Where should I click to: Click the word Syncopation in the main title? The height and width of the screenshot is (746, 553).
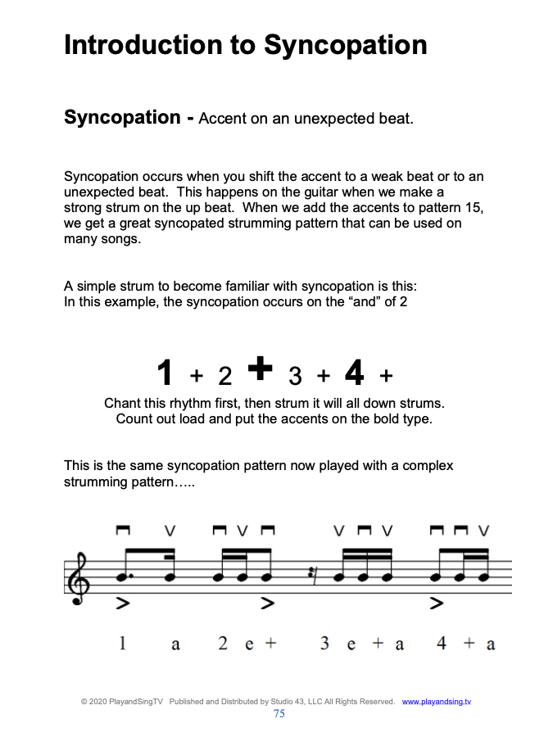click(345, 45)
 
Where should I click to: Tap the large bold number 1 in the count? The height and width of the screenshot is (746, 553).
click(165, 374)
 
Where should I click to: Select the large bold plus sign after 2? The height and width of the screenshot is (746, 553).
click(259, 368)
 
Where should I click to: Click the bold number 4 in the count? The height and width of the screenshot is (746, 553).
click(354, 373)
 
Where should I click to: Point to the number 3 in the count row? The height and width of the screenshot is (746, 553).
click(295, 376)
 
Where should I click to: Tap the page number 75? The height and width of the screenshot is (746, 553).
click(279, 713)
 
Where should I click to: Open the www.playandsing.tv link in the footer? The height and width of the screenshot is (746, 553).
click(437, 702)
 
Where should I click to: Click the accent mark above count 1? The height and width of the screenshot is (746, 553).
click(124, 604)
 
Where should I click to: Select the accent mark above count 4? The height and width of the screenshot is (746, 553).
click(437, 604)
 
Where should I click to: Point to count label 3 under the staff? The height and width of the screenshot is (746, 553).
click(325, 644)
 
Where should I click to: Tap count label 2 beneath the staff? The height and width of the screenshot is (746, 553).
click(223, 644)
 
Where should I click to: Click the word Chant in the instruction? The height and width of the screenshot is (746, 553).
click(123, 405)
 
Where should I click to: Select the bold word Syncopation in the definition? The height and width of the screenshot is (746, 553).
click(122, 117)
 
